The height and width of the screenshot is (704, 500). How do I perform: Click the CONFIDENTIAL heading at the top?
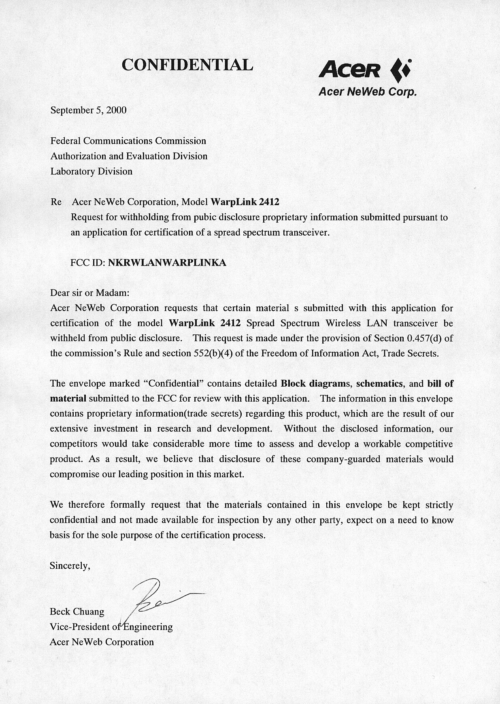187,65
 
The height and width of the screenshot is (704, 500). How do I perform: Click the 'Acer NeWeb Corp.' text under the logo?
367,92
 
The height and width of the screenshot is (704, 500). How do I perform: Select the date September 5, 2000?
88,110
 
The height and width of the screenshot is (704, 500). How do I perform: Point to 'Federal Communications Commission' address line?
128,141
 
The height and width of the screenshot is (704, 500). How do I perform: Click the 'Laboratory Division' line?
91,171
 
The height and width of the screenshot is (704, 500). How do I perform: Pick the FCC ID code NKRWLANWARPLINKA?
167,263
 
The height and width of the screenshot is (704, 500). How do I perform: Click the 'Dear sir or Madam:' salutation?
89,293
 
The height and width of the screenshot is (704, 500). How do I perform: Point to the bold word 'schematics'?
379,383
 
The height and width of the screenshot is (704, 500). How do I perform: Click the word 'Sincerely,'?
70,566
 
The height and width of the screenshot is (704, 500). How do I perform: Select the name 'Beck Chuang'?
77,611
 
